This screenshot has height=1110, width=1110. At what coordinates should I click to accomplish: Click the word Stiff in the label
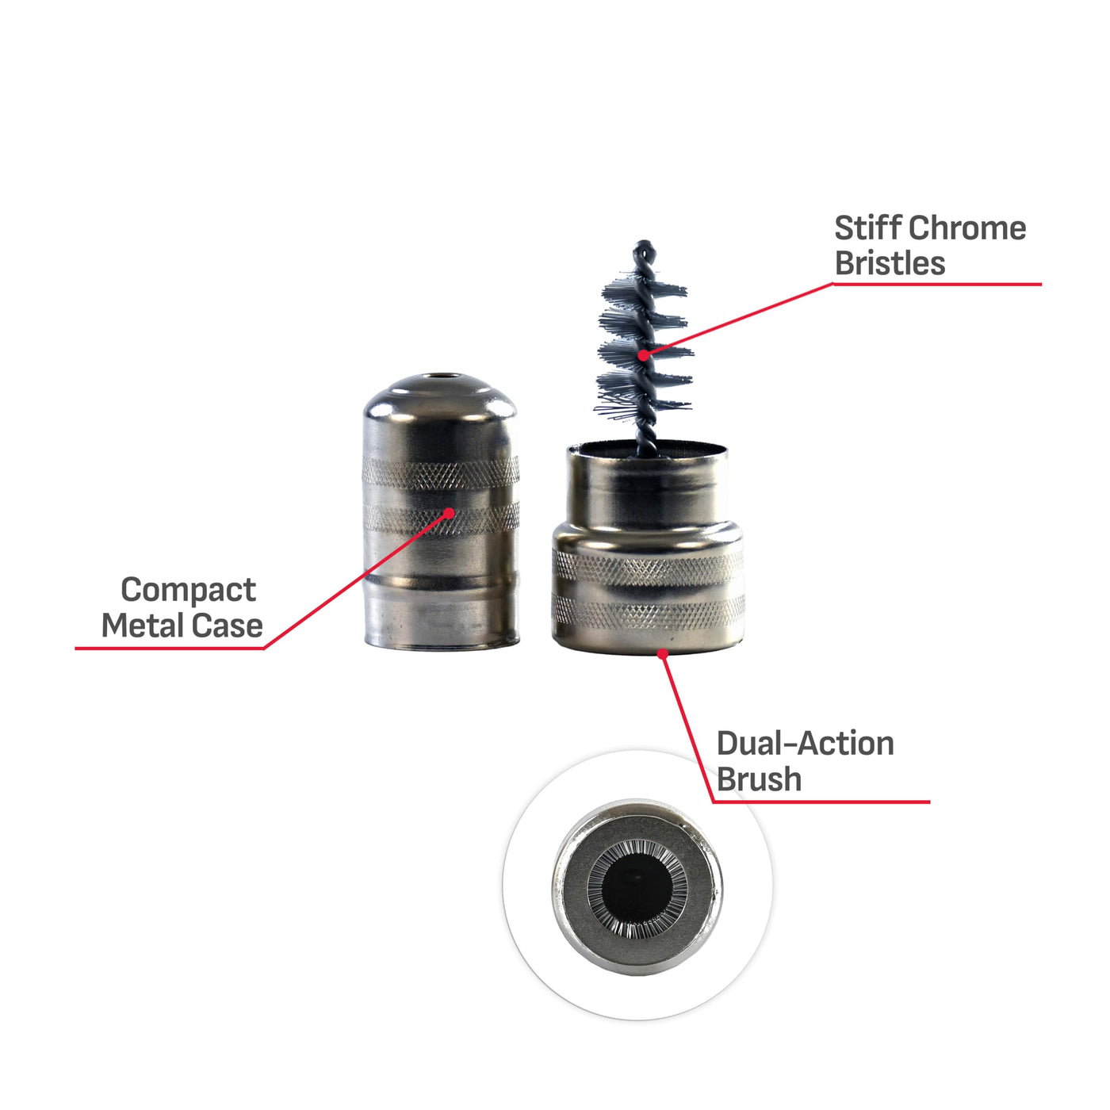869,228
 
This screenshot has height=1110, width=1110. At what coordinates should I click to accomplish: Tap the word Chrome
969,228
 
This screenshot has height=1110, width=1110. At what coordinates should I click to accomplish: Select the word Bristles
890,264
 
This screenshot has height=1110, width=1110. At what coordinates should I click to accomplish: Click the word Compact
189,591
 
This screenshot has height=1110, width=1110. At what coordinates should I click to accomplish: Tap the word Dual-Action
806,744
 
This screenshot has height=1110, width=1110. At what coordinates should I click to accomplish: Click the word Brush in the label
760,779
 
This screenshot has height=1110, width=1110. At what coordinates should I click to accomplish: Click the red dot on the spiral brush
644,355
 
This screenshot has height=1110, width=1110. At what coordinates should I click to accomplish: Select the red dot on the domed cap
450,513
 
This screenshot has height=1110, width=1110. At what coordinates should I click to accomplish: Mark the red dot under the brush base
663,654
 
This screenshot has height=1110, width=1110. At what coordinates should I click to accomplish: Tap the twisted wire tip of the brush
645,248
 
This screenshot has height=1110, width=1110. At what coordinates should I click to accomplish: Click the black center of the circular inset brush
637,882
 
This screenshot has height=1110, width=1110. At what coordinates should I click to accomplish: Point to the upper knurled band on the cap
441,473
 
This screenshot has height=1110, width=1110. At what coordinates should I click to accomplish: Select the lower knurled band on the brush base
649,612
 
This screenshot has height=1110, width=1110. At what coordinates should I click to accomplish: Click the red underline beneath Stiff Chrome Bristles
937,284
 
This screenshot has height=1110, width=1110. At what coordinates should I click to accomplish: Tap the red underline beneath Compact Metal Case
170,649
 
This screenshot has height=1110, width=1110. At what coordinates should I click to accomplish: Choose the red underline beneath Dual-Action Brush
821,802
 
